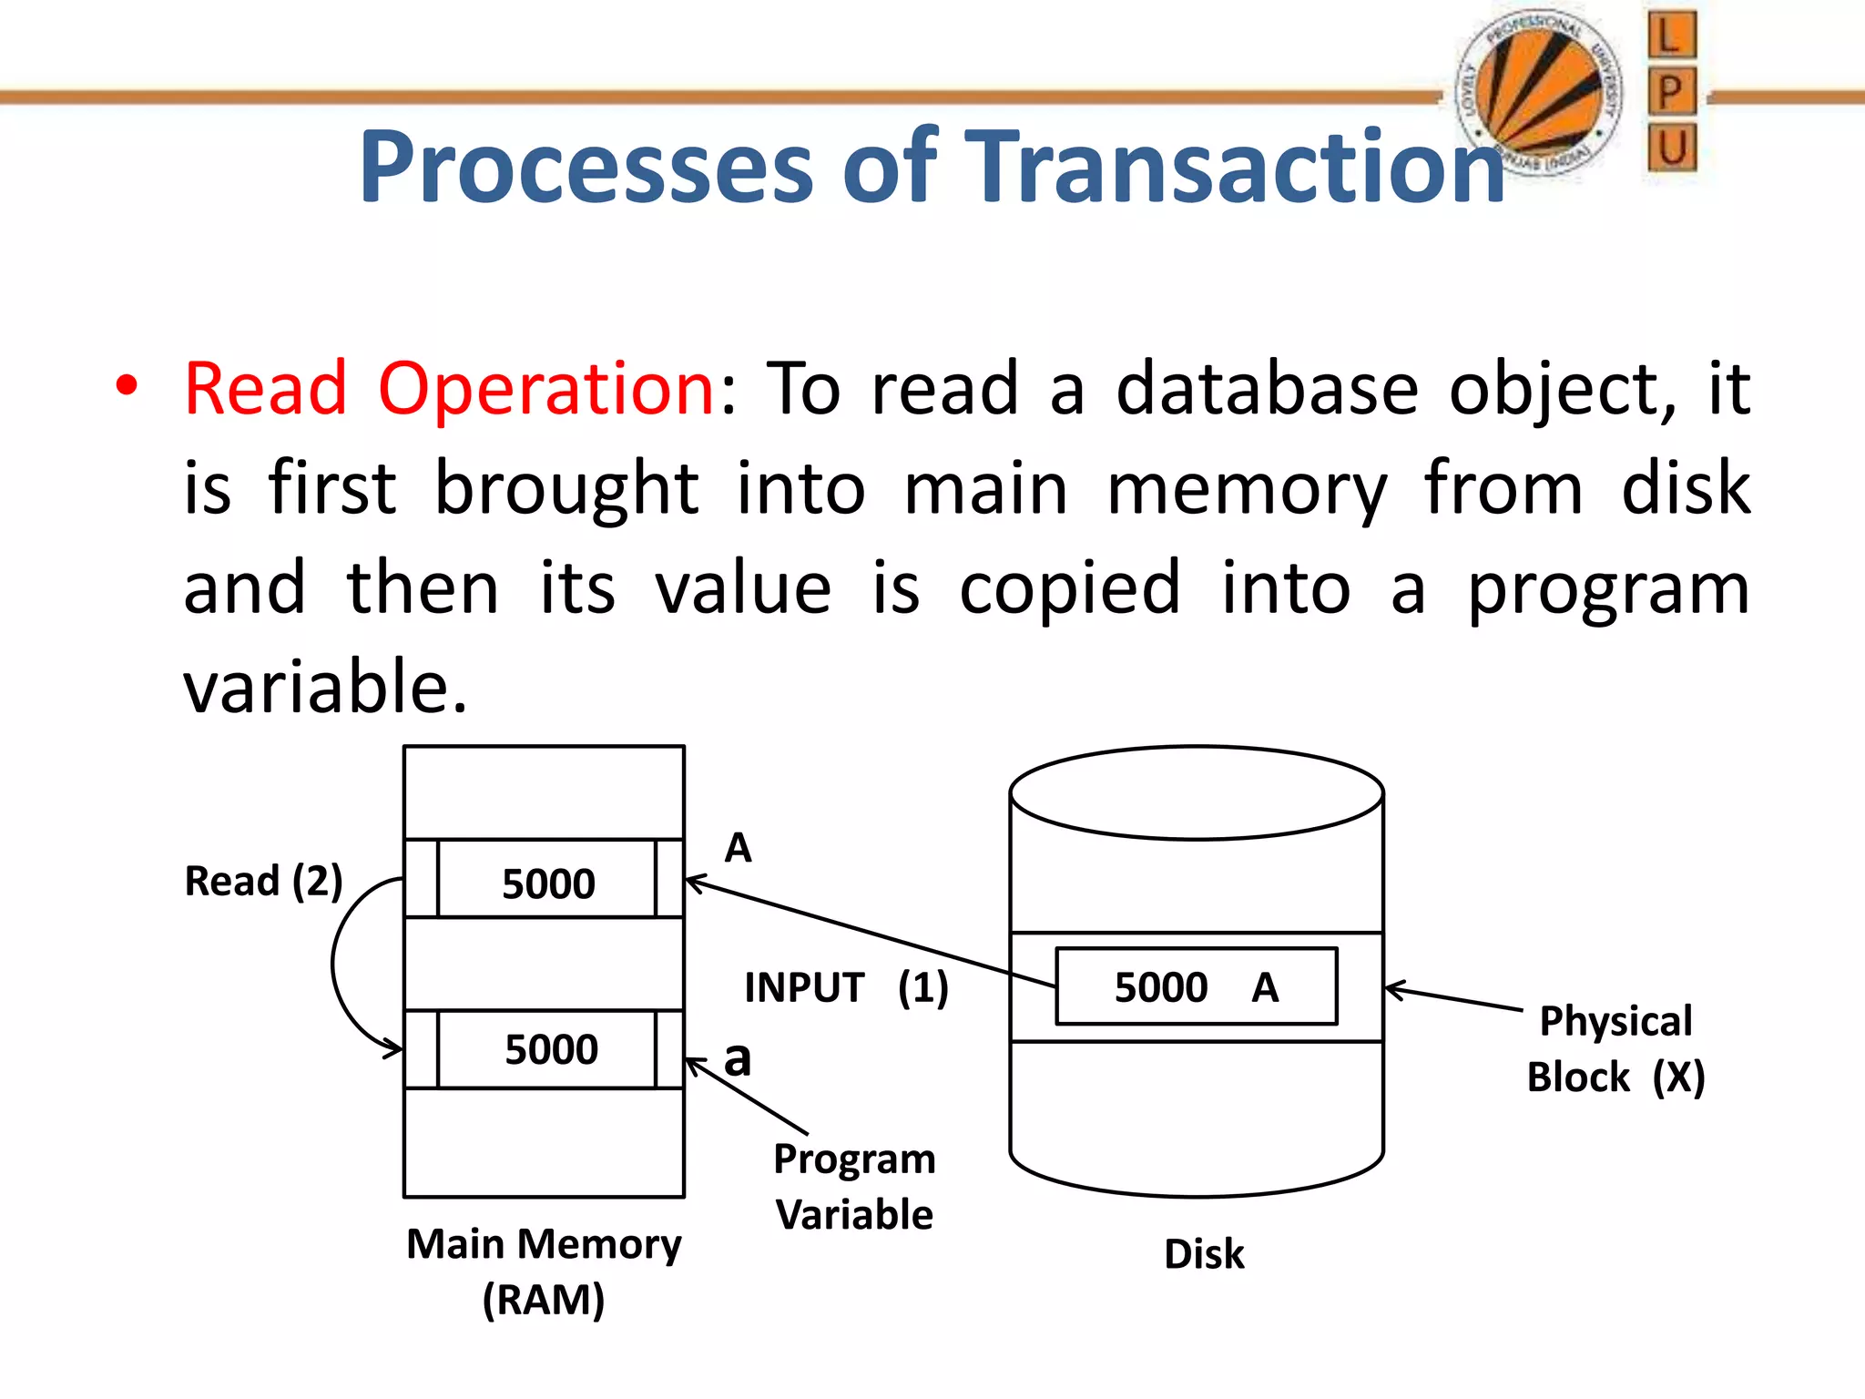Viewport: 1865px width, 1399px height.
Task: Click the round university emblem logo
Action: [1539, 91]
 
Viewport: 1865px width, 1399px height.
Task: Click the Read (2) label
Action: [263, 881]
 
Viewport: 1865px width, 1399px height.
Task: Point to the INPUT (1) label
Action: [846, 987]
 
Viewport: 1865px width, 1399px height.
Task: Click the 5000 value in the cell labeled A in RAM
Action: [547, 883]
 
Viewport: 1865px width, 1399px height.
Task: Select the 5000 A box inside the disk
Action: [1196, 986]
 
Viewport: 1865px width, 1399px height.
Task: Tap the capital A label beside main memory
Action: [738, 848]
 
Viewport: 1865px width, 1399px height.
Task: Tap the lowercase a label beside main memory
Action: [738, 1058]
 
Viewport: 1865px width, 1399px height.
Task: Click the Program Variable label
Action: [854, 1186]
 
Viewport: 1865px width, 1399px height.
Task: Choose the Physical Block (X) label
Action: [1615, 1048]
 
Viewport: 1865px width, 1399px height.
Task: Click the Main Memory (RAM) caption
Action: [544, 1271]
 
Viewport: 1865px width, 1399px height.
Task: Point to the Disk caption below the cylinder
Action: [1204, 1254]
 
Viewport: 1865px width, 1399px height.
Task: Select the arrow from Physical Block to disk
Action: [1453, 998]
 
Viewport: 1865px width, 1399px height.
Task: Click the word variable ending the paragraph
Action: [324, 687]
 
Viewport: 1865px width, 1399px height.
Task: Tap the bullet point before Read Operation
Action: [127, 386]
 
